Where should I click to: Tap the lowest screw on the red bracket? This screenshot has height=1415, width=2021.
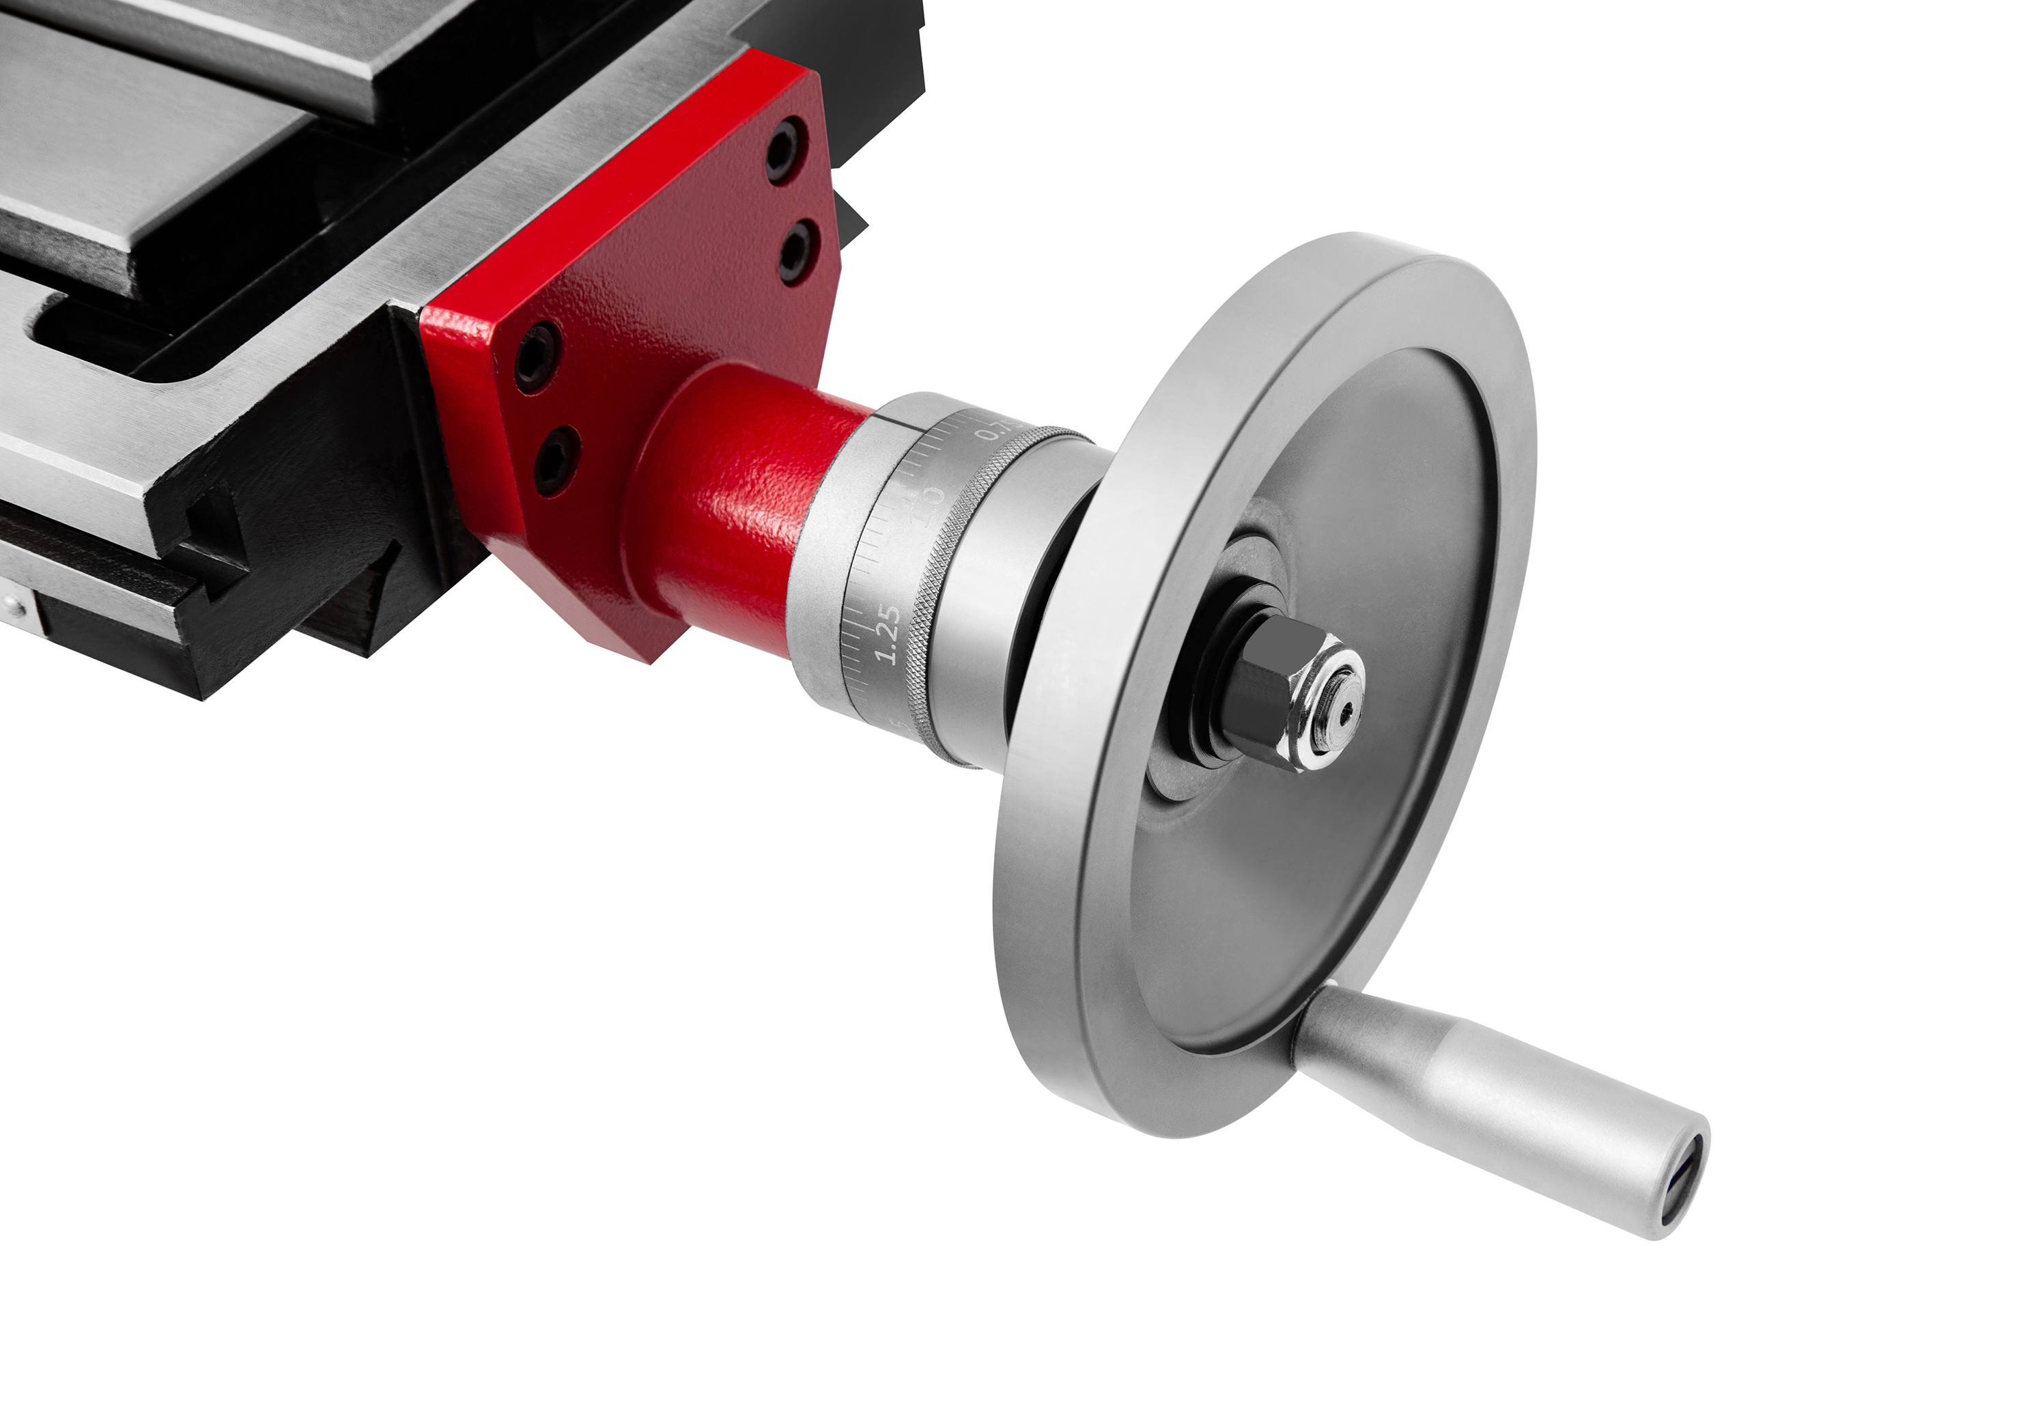pos(557,459)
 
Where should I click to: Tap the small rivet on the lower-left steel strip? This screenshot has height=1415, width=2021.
pos(10,605)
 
